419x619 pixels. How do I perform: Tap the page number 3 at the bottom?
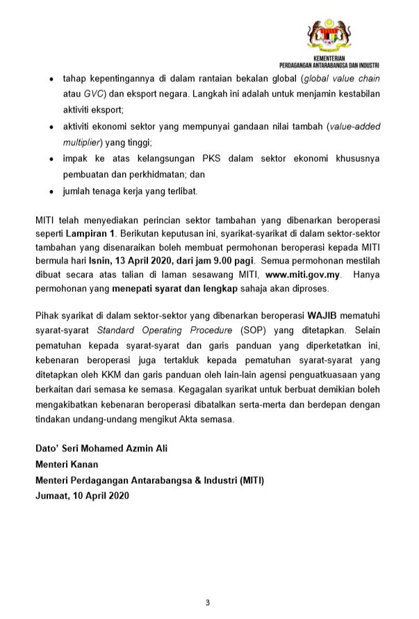click(208, 602)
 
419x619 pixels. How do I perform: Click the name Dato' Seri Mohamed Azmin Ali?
click(101, 449)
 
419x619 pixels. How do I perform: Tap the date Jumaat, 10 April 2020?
click(82, 496)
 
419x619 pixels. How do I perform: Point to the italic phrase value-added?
click(354, 126)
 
